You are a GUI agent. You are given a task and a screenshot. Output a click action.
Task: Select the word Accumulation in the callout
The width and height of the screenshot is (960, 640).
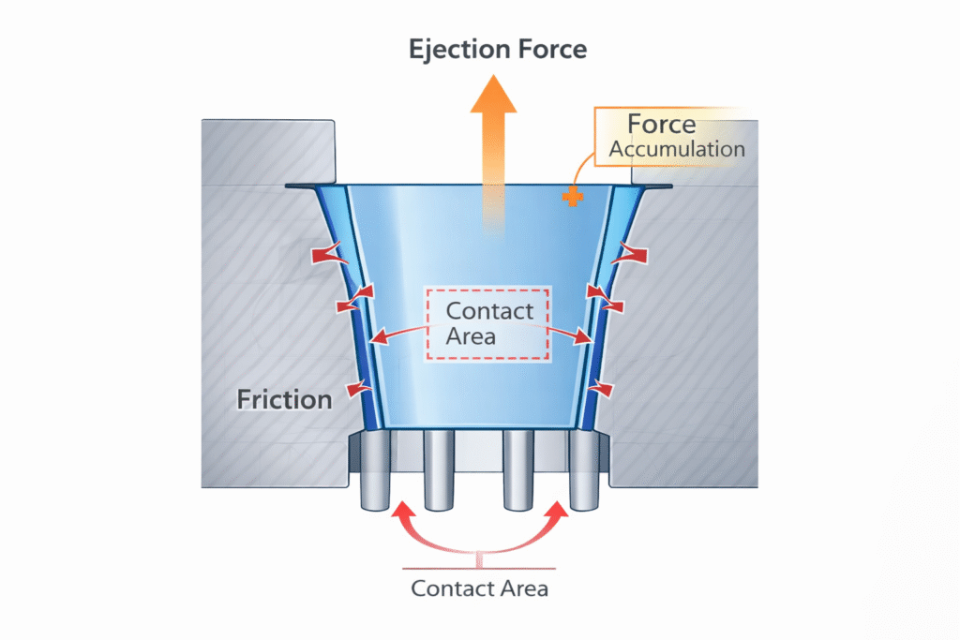[x=677, y=149]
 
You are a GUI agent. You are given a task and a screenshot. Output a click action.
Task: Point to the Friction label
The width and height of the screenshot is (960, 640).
[x=284, y=400]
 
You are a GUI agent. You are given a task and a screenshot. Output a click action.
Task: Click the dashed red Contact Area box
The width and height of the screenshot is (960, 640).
[x=488, y=323]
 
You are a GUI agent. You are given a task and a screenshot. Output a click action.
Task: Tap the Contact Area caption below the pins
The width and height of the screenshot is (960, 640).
[x=479, y=589]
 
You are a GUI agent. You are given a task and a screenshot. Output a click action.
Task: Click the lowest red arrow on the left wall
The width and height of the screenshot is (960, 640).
[x=353, y=387]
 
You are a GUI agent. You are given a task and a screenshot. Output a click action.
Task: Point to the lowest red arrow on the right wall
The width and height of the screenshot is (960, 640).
[x=602, y=386]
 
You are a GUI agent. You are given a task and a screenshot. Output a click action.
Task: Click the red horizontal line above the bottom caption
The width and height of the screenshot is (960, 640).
[x=479, y=568]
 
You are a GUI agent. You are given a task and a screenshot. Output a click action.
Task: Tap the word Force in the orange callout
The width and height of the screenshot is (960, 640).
[x=661, y=125]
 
